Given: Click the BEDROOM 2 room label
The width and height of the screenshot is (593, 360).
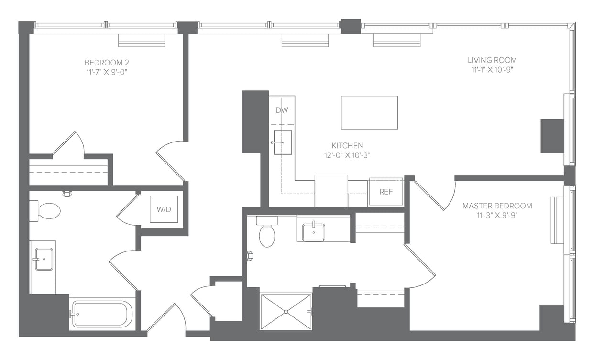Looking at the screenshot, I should click(x=107, y=63).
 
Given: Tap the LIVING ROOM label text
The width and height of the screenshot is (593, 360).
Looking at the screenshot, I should click(x=492, y=60).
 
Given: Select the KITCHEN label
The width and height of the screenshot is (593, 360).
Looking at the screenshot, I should click(x=347, y=145).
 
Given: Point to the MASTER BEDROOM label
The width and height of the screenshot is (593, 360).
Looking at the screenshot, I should click(x=497, y=206).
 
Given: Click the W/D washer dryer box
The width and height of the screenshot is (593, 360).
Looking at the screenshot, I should click(x=164, y=209).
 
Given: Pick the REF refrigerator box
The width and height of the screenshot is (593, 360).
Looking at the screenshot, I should click(x=385, y=192).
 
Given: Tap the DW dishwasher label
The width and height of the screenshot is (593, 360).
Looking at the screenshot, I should click(x=282, y=110).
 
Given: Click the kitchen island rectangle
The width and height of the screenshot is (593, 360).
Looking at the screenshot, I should click(x=369, y=112).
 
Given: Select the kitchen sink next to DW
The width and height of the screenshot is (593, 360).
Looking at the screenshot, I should click(x=283, y=142).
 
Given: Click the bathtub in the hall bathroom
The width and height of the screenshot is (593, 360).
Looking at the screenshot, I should click(x=102, y=314).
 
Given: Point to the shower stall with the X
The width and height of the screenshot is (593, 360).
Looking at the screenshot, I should click(x=286, y=312).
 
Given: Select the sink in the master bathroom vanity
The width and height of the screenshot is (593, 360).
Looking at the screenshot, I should click(x=314, y=232).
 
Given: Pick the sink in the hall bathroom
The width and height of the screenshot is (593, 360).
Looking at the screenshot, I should click(x=44, y=259).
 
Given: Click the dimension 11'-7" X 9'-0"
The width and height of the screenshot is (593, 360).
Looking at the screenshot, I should click(x=107, y=72).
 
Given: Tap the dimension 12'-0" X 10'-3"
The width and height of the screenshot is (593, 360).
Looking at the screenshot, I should click(x=347, y=155).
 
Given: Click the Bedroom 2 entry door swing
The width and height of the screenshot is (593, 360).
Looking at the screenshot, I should click(x=170, y=160).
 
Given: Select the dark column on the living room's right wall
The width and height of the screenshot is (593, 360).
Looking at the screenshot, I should click(x=552, y=136).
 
